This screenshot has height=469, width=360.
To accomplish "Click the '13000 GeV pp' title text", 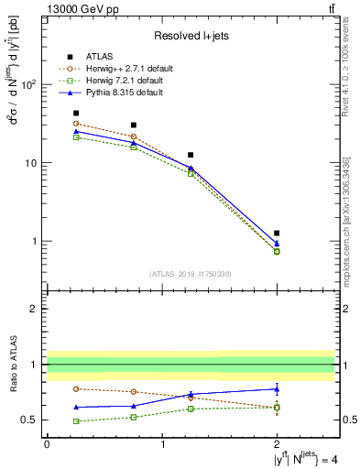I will tap(81, 9).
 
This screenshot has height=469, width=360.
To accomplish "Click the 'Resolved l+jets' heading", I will tap(190, 36).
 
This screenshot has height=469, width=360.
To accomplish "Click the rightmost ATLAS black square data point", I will tap(277, 233).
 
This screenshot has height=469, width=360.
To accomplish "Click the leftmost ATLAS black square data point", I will tap(76, 114).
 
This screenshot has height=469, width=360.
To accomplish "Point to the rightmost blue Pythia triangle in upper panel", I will tap(277, 244).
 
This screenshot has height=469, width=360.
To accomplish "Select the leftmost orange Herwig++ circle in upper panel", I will tap(76, 124).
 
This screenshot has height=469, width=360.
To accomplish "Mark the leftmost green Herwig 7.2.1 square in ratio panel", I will tap(76, 421).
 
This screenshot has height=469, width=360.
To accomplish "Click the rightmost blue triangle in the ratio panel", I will tap(277, 388).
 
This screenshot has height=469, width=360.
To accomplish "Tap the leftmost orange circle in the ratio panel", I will tap(76, 388).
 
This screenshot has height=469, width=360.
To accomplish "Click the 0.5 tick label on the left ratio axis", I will tap(31, 420).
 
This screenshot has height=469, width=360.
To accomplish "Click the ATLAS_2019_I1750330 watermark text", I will tap(190, 274).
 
